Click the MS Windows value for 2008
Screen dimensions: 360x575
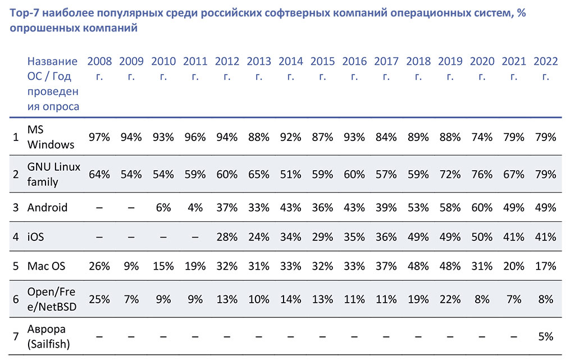point(99,137)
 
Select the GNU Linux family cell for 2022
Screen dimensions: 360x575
point(546,175)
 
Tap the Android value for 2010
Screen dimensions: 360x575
point(163,208)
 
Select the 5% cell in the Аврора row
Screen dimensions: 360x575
point(546,336)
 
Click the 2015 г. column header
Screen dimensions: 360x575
point(322,69)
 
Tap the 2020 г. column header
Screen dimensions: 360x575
point(482,69)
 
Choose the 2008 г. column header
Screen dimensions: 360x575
point(99,69)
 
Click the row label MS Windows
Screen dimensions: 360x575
point(51,137)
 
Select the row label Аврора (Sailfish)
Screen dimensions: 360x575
point(48,336)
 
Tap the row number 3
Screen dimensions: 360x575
point(16,208)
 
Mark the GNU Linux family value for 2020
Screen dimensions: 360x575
point(482,175)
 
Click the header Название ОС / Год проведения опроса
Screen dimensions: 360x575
point(53,84)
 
